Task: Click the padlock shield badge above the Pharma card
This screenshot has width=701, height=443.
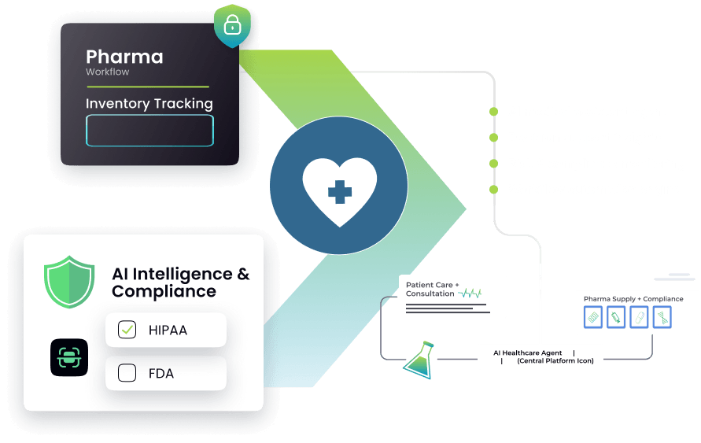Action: [232, 25]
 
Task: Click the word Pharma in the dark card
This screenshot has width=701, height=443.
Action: [124, 57]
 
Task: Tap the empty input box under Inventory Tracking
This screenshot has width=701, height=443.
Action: [149, 131]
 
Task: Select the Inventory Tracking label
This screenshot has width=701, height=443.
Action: [149, 104]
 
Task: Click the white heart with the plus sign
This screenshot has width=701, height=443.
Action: [339, 186]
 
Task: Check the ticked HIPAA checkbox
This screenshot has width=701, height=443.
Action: [127, 330]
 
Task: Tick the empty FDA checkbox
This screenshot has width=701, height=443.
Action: [127, 373]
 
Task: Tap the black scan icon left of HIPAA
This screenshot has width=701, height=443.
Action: [69, 357]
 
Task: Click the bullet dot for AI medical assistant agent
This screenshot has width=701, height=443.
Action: [493, 112]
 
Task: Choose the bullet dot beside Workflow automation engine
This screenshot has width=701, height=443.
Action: [493, 190]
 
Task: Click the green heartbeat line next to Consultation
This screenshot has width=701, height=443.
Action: [470, 293]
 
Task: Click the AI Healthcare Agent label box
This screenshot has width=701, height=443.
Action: [540, 357]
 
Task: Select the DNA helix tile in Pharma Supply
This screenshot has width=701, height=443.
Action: [662, 317]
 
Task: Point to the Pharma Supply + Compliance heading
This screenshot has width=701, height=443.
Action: [633, 299]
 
